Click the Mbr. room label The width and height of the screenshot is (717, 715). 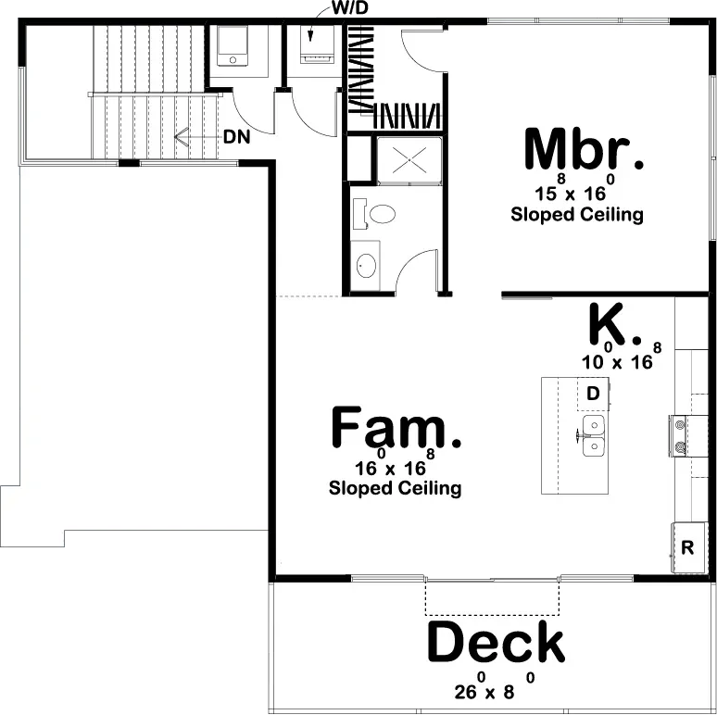(x=582, y=150)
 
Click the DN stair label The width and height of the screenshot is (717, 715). (x=236, y=137)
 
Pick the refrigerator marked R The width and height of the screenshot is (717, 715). (x=686, y=547)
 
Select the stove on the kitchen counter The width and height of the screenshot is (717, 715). (x=680, y=435)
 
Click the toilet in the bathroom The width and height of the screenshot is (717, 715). (x=378, y=214)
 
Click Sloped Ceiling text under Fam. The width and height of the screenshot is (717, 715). (x=395, y=487)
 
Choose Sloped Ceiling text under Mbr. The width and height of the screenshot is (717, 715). (x=576, y=215)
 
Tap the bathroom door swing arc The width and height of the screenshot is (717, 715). (x=418, y=269)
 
